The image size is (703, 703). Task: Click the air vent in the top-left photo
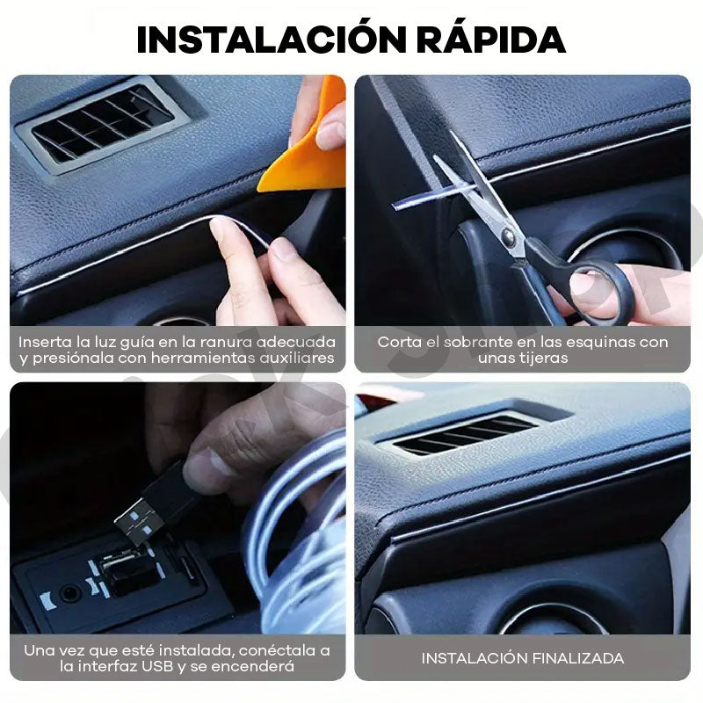(102, 124)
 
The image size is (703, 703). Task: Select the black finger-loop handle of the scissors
(601, 291)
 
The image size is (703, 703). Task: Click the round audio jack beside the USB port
(70, 594)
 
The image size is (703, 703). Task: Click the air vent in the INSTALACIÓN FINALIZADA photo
(467, 433)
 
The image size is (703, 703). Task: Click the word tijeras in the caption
(544, 359)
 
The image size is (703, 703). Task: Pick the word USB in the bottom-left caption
(157, 666)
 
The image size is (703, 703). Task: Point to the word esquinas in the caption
(597, 343)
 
